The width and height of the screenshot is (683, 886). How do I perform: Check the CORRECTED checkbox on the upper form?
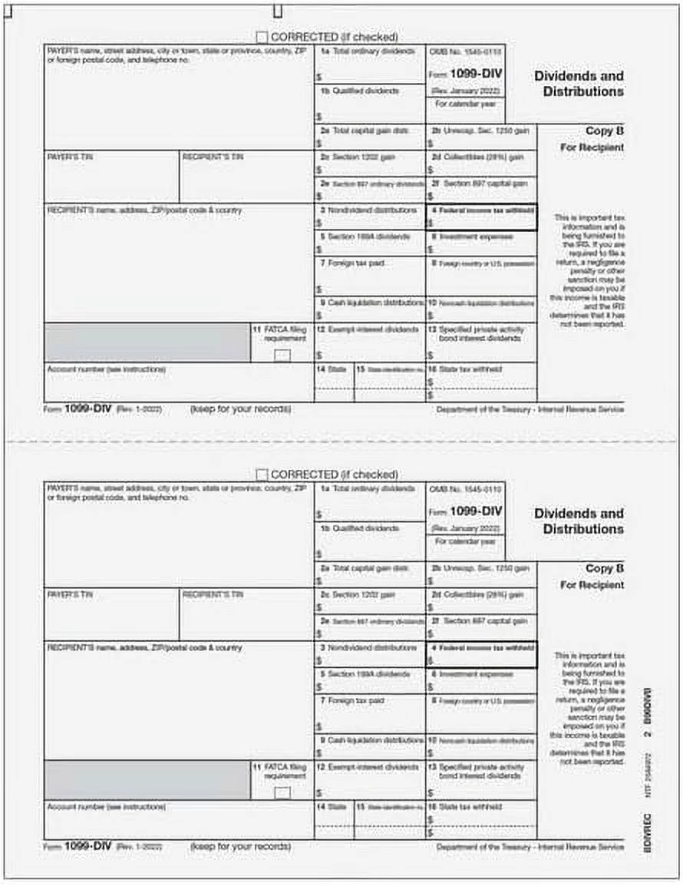point(262,37)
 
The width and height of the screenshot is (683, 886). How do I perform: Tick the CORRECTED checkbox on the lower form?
point(262,475)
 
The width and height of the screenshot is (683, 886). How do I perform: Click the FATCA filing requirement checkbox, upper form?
point(282,355)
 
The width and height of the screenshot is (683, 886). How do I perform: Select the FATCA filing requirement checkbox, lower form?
point(282,792)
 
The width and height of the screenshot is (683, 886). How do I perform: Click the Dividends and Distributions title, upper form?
point(579,84)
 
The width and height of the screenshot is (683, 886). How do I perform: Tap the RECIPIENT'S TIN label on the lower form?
point(213,594)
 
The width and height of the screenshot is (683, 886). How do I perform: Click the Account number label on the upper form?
point(106,369)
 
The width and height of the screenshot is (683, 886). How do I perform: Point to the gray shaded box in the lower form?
point(147,780)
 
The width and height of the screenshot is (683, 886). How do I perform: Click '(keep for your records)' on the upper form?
point(240,409)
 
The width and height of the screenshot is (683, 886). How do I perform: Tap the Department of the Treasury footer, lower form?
point(530,847)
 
